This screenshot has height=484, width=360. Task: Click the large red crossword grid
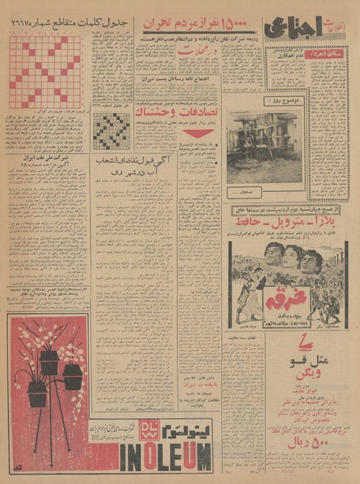tap(45, 73)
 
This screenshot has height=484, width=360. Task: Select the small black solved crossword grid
tap(111, 129)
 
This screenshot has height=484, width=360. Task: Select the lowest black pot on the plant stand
tap(37, 394)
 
